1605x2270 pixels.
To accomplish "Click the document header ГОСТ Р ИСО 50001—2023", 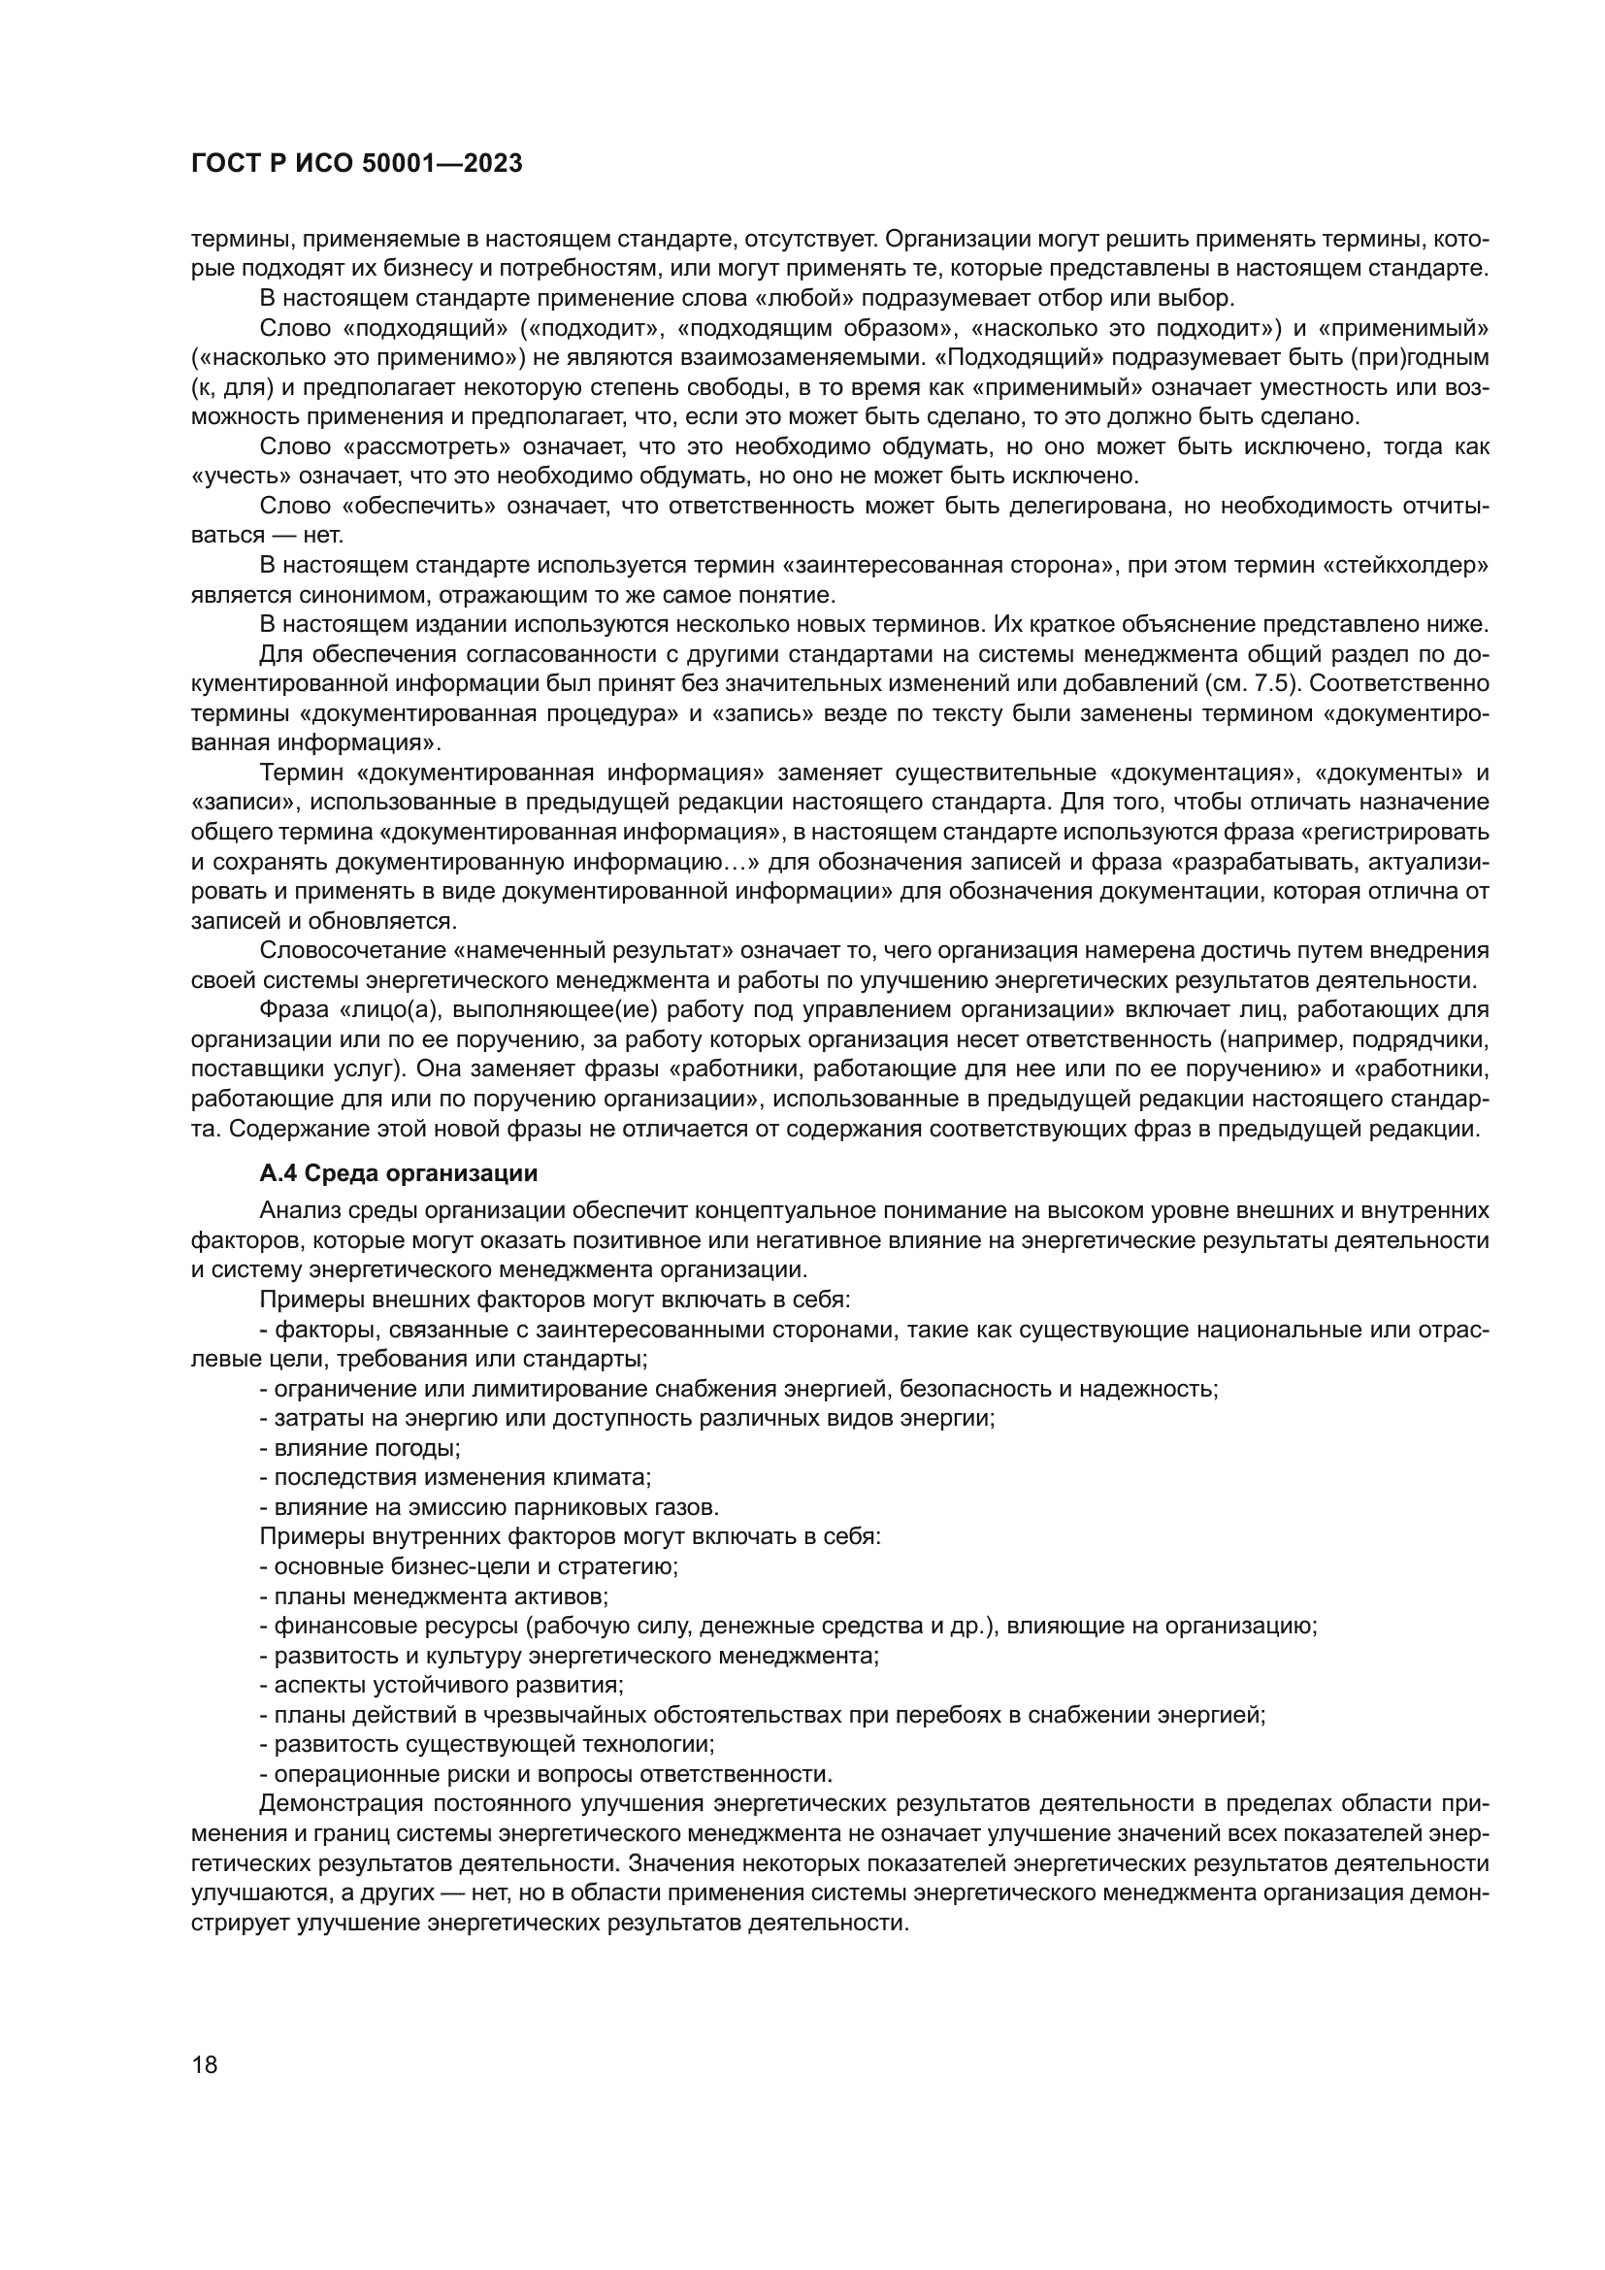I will (x=356, y=164).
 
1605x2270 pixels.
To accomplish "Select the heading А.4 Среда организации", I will (x=398, y=1173).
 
